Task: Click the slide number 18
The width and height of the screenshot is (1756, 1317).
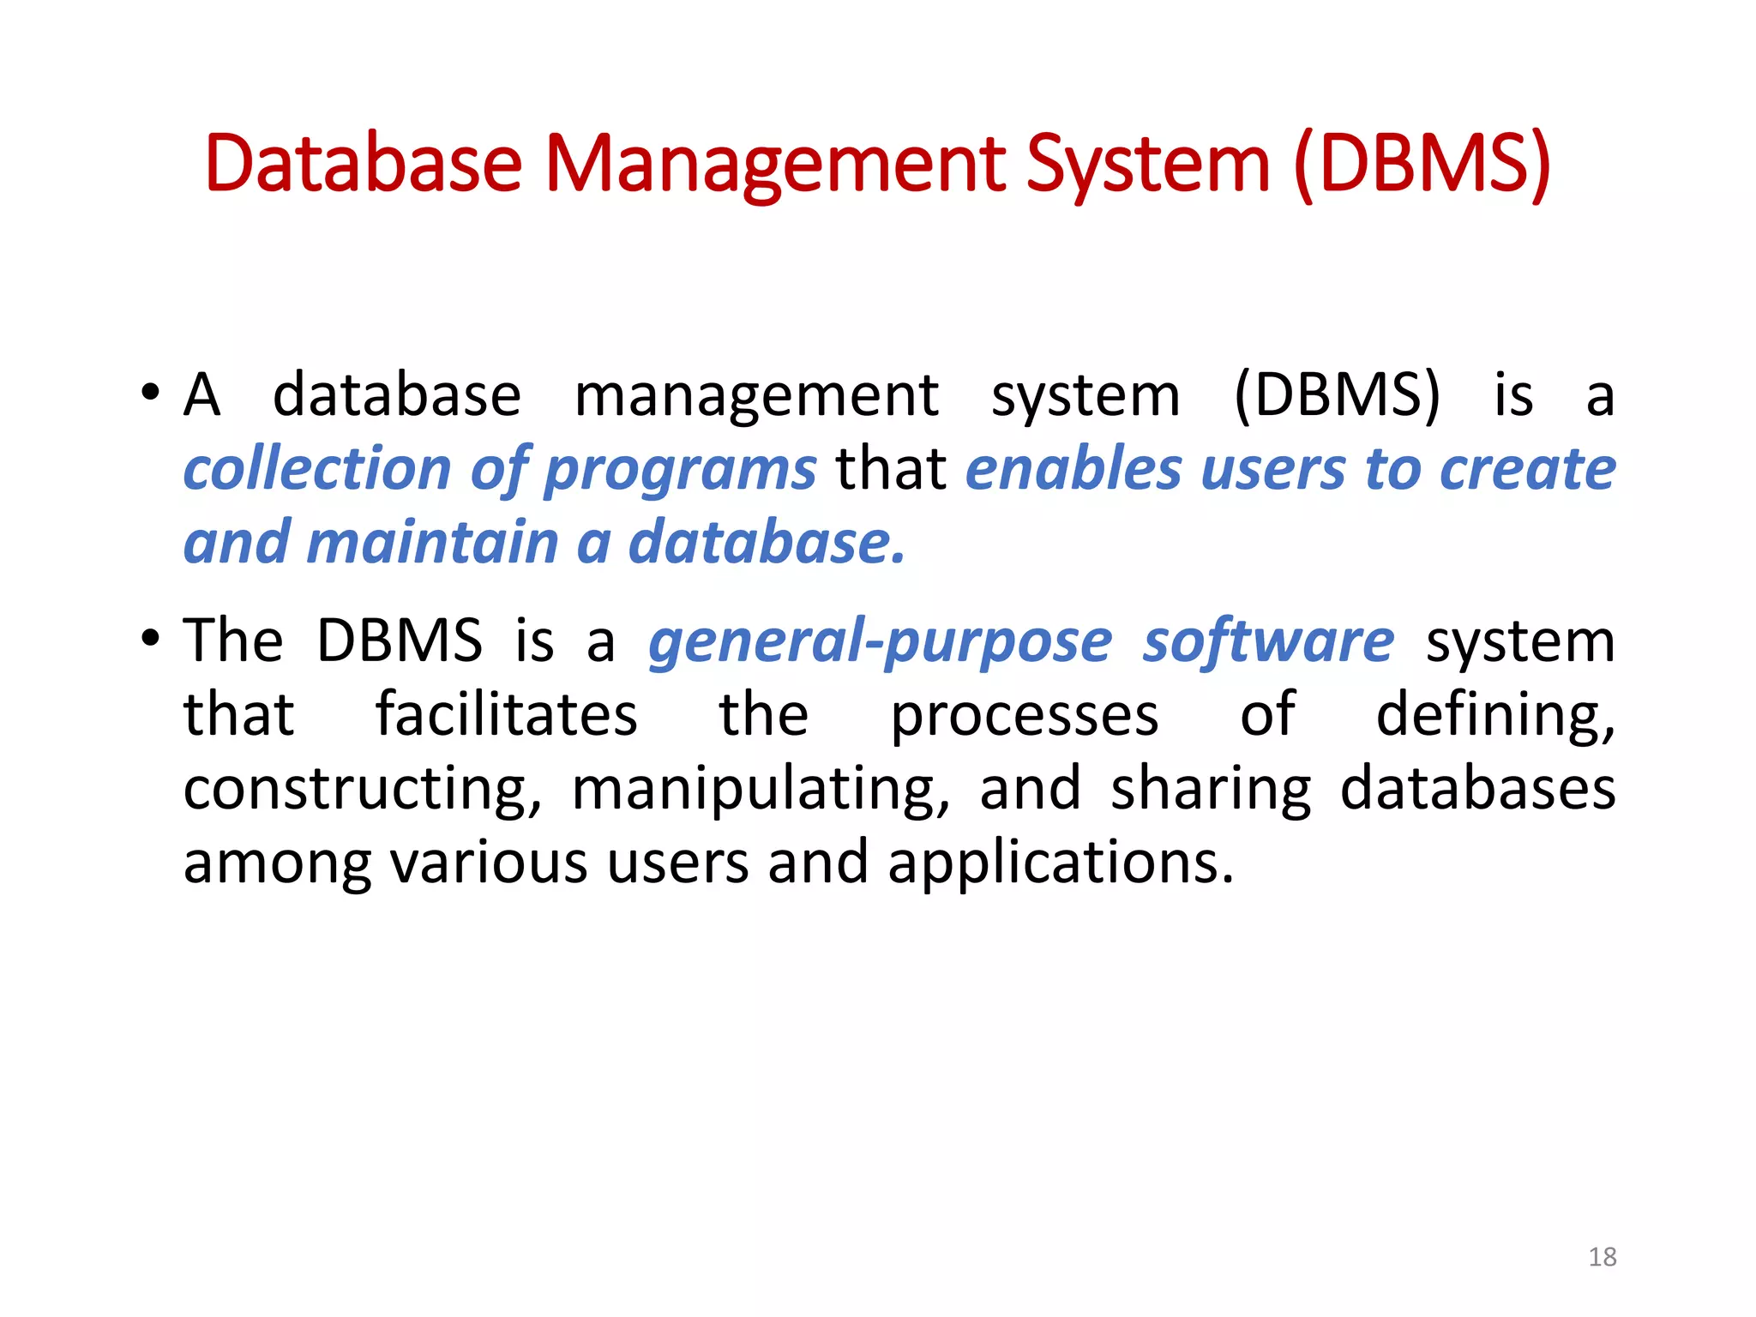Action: pos(1602,1257)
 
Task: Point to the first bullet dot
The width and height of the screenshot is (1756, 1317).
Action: pos(151,394)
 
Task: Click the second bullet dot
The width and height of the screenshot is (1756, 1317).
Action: pos(151,639)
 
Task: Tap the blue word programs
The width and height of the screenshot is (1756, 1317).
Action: pos(680,472)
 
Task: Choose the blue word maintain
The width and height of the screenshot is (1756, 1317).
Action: pos(433,543)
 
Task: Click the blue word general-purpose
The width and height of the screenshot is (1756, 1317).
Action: pos(880,643)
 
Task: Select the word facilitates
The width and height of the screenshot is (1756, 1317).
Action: pos(507,714)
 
